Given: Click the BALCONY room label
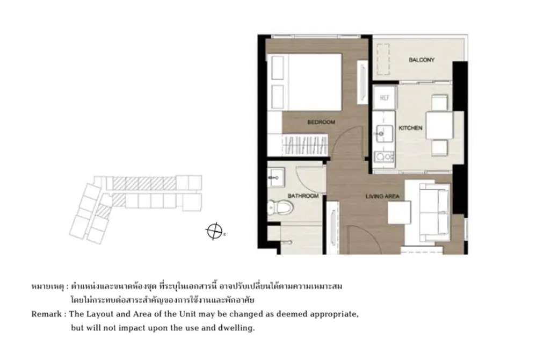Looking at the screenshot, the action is pyautogui.click(x=421, y=60).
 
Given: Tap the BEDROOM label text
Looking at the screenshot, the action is pyautogui.click(x=321, y=122).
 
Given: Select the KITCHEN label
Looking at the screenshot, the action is pyautogui.click(x=410, y=128).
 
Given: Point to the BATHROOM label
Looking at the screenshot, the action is pyautogui.click(x=303, y=196).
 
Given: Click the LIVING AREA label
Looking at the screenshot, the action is pyautogui.click(x=382, y=196).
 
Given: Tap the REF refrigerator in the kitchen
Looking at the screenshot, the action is pyautogui.click(x=384, y=98).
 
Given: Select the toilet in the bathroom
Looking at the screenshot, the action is pyautogui.click(x=280, y=207).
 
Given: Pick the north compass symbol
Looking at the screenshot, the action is pyautogui.click(x=214, y=231).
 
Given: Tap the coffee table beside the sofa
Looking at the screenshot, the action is pyautogui.click(x=399, y=212).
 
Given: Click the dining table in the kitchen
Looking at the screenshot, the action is pyautogui.click(x=439, y=126).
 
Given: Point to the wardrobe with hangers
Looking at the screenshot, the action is pyautogui.click(x=305, y=145).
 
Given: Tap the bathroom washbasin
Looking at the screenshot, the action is pyautogui.click(x=276, y=177).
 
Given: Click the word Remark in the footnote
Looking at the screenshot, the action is pyautogui.click(x=46, y=314).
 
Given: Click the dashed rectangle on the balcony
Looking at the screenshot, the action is pyautogui.click(x=383, y=59).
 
